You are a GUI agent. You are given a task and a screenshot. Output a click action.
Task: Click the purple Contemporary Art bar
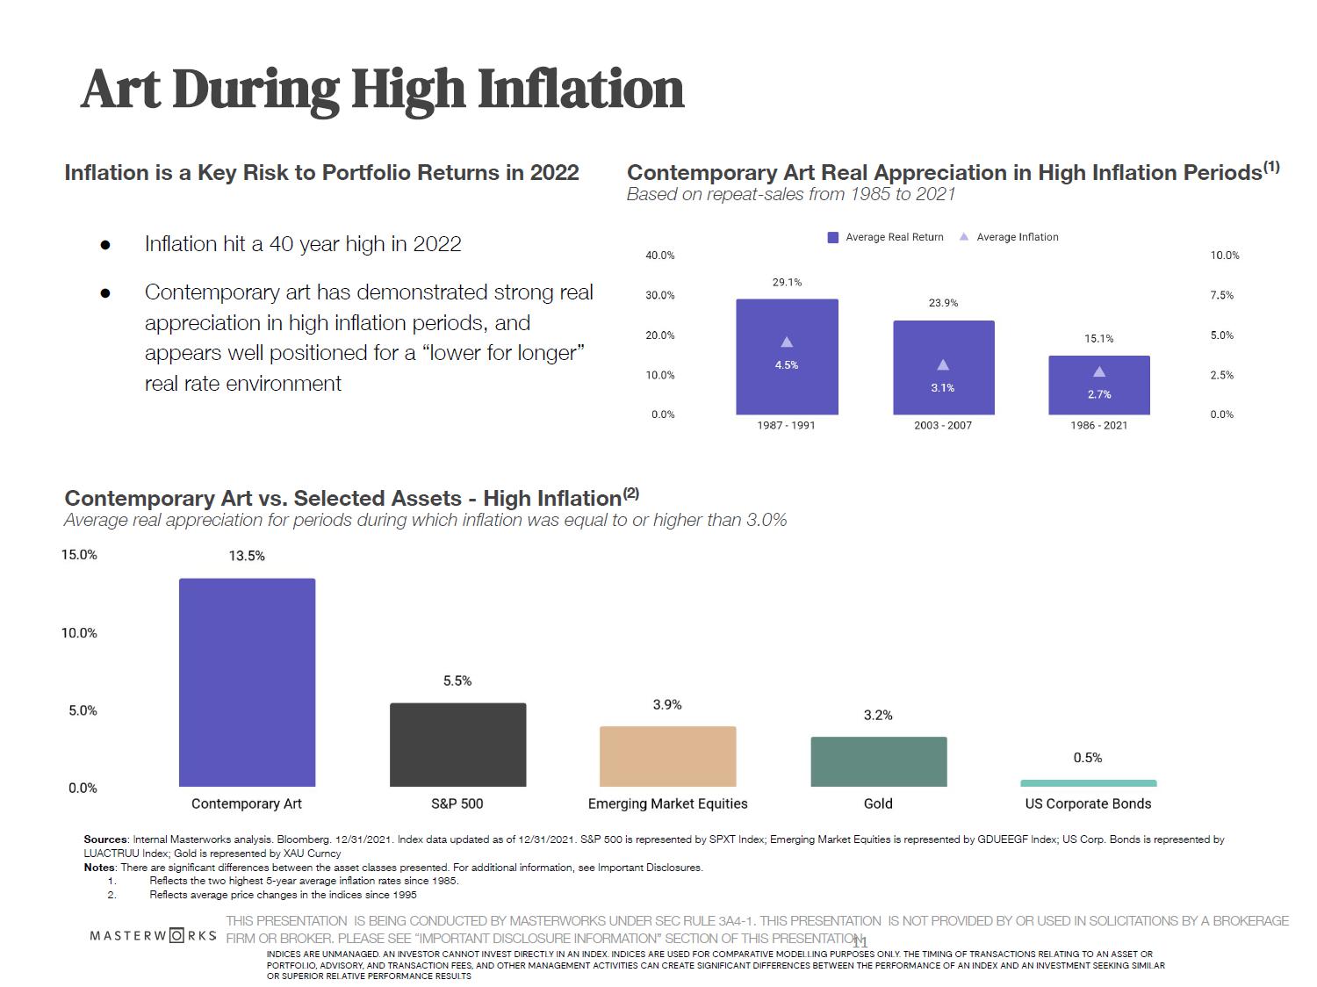click(247, 682)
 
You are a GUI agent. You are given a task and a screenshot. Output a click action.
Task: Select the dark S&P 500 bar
click(457, 745)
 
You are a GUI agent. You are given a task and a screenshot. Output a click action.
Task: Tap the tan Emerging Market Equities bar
click(667, 756)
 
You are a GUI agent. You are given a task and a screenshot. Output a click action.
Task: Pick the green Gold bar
click(878, 761)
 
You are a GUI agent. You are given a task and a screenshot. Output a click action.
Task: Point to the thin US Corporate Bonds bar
click(1088, 783)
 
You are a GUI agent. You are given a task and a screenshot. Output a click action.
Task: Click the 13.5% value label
click(247, 556)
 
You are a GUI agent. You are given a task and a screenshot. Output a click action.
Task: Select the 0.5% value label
click(1088, 758)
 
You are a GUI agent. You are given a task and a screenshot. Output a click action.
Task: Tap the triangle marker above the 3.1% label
click(943, 364)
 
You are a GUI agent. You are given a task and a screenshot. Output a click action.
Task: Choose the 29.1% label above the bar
click(787, 283)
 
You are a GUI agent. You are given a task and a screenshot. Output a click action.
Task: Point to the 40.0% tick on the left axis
click(660, 256)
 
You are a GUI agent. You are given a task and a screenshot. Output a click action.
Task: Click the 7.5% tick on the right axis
click(1222, 296)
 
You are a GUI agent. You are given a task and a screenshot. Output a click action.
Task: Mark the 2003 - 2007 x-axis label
click(943, 425)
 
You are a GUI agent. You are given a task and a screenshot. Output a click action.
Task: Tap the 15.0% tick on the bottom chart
click(79, 555)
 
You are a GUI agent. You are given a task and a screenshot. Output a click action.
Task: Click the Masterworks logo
click(153, 935)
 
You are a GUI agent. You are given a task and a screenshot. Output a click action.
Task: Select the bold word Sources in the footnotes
click(104, 839)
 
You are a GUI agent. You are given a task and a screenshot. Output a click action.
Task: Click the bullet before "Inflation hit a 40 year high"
click(105, 245)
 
